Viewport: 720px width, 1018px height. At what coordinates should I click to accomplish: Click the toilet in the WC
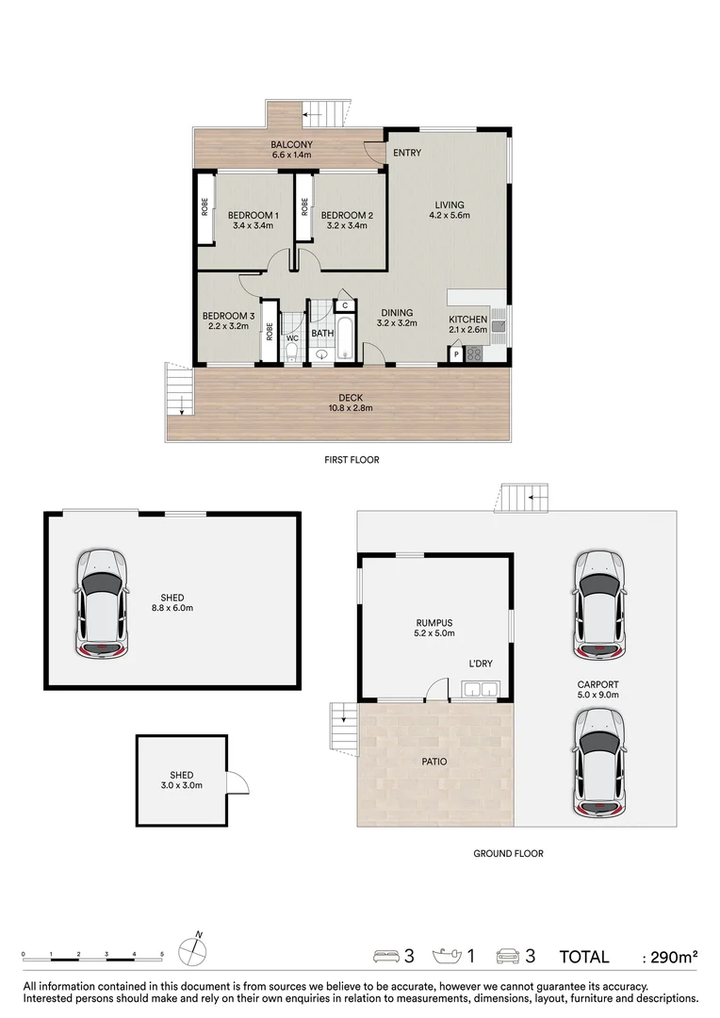point(291,353)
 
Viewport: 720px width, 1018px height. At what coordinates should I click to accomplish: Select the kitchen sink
point(498,326)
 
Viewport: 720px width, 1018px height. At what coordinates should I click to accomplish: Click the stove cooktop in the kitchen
point(474,354)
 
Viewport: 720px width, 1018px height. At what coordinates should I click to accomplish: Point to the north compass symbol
point(192,950)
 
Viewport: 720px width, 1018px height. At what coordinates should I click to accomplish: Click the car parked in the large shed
point(101,603)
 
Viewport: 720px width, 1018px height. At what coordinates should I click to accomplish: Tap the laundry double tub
point(481,689)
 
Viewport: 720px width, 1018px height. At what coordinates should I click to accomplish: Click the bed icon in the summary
point(385,956)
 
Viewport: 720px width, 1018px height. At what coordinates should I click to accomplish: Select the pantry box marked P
point(456,354)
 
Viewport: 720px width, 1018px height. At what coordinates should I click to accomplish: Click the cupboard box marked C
point(345,305)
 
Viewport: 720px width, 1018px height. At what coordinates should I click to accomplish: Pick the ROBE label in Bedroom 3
point(270,332)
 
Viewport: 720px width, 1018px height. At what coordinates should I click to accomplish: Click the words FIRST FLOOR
point(352,460)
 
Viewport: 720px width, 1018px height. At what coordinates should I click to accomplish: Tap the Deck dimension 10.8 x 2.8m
point(351,408)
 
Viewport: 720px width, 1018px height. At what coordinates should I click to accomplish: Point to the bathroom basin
point(321,354)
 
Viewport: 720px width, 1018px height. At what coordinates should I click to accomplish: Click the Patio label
point(434,762)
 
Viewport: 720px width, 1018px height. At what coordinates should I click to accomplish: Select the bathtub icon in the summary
point(446,956)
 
